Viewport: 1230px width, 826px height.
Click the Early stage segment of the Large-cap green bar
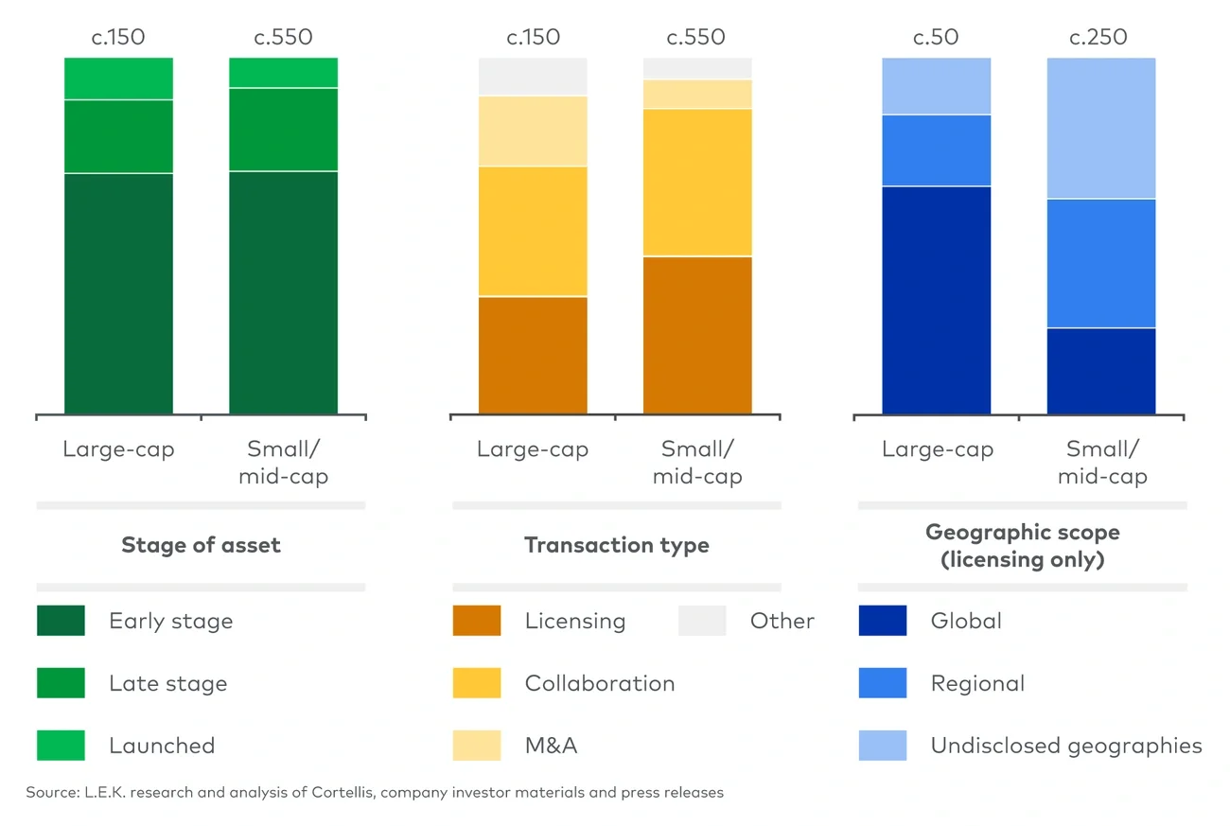118,293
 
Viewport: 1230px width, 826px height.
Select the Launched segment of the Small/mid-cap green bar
283,72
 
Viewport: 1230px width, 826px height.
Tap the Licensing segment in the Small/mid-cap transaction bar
697,335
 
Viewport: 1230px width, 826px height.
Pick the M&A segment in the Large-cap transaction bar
533,131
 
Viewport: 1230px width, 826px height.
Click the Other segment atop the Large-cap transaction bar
533,76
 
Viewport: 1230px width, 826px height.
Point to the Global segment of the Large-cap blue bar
936,300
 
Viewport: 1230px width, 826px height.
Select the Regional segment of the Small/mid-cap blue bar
1100,263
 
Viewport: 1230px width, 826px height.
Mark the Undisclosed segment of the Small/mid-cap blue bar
1100,128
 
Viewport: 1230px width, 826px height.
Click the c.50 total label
936,38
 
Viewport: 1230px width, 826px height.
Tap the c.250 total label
1098,38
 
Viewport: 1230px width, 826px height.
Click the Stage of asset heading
201,545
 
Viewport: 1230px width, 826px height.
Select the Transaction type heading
616,545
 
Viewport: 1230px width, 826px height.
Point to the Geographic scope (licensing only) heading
1022,546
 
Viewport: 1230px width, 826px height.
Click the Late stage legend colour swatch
61,683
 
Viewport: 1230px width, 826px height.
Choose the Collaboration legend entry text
600,683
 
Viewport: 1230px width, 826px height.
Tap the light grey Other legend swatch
702,621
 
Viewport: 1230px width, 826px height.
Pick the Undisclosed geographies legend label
1066,746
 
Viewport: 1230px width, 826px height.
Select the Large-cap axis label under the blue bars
937,449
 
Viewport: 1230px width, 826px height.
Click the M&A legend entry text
551,746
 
